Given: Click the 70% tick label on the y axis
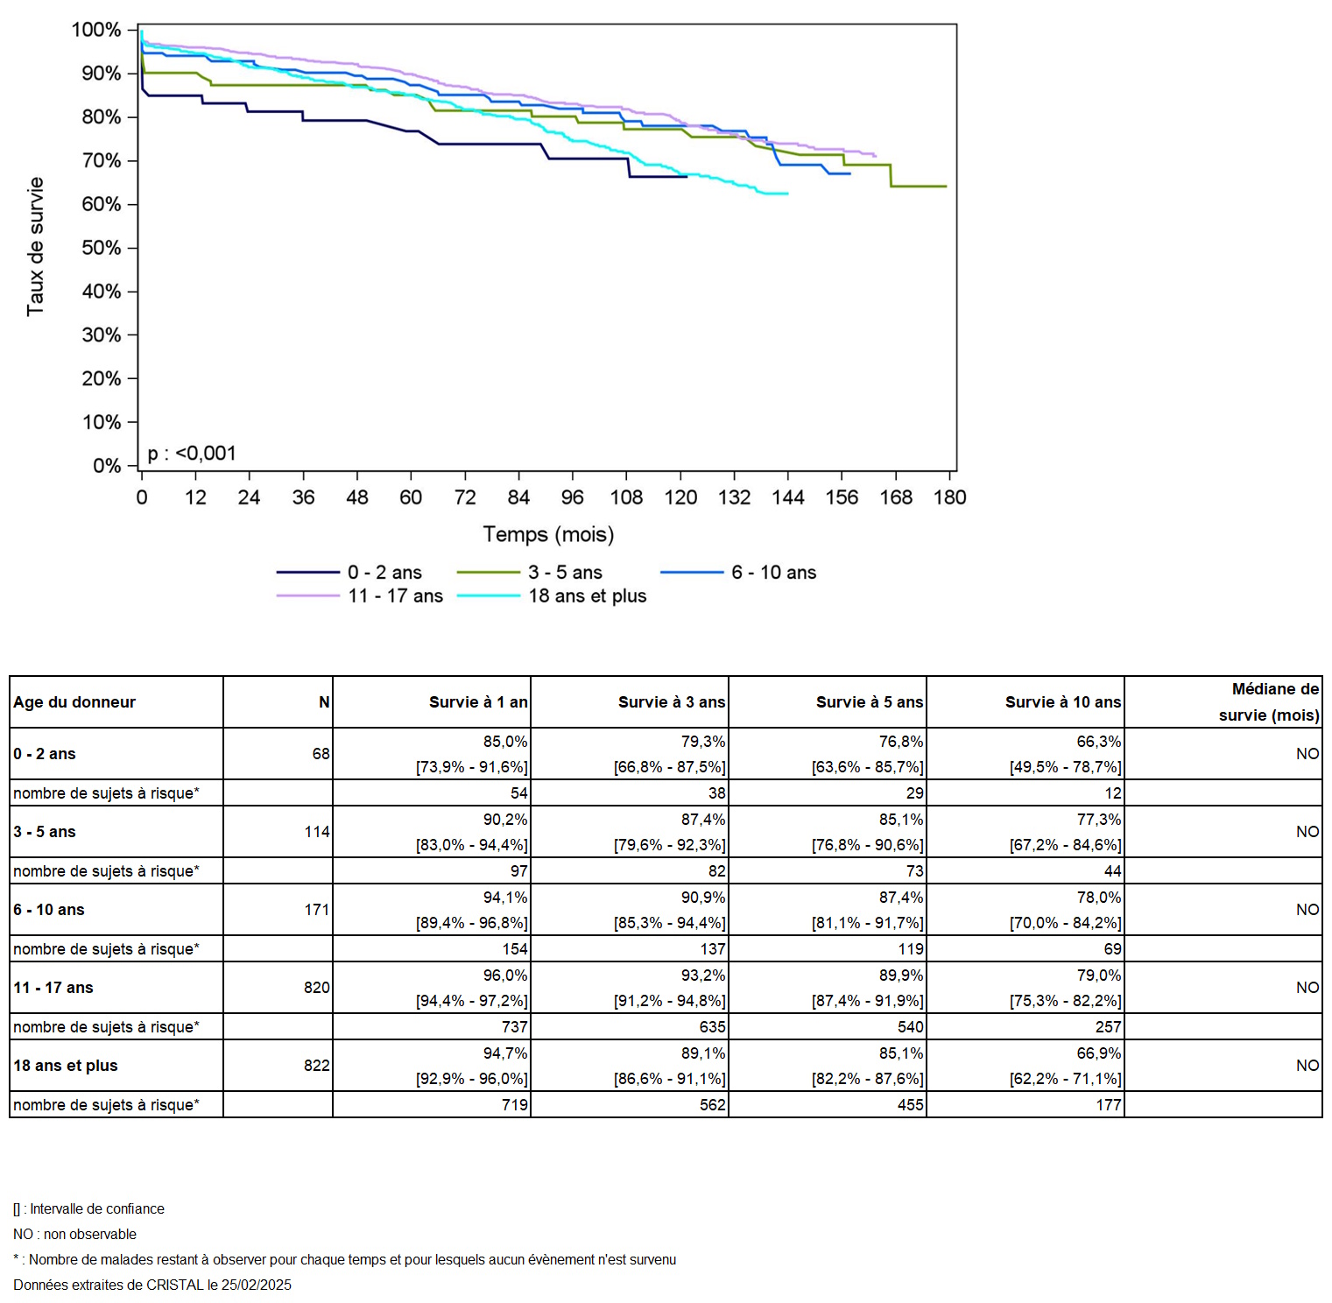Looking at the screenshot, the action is pos(102,160).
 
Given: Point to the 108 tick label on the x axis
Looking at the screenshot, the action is pos(626,497).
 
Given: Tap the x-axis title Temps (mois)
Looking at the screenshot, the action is pos(548,534).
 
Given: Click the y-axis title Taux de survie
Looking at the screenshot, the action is pos(35,246).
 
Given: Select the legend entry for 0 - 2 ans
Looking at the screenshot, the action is pos(349,572).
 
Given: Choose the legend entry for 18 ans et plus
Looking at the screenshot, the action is pos(552,595).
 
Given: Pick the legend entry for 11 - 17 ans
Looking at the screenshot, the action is pos(360,595).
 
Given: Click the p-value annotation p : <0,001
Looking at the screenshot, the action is pos(192,453).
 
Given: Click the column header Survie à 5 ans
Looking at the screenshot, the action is pos(870,701).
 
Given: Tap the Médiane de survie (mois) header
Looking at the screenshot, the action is pos(1269,701).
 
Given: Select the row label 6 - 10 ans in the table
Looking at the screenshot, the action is pos(49,910).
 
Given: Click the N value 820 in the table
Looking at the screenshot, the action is pos(317,988).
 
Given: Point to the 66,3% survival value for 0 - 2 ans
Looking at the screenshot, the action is pos(1099,741).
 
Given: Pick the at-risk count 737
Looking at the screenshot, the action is pos(515,1026).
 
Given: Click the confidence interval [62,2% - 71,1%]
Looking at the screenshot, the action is pos(1066,1079).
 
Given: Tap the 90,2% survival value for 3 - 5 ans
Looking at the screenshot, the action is pos(505,819).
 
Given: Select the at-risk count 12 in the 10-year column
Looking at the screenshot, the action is pos(1113,792).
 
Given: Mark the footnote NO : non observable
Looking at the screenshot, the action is pos(75,1234).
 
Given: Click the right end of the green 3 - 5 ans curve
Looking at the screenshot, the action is pos(946,187).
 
